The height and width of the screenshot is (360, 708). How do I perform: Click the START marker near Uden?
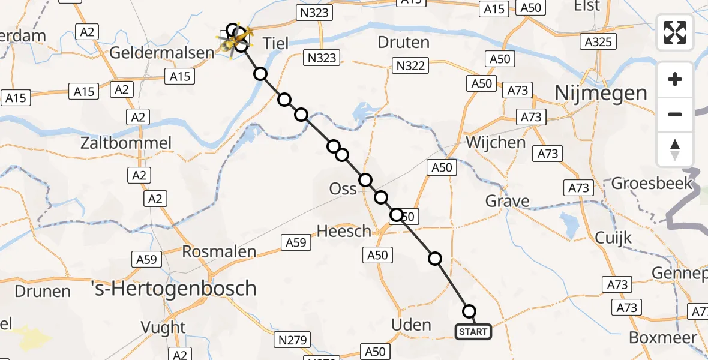click(x=473, y=331)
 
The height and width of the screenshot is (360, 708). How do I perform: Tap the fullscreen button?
click(x=675, y=32)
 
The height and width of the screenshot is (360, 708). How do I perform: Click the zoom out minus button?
click(x=675, y=114)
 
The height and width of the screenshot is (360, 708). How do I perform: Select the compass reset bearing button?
click(x=675, y=149)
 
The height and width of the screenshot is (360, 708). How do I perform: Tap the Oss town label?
click(x=343, y=189)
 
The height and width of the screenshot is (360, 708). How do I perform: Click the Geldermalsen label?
click(x=161, y=52)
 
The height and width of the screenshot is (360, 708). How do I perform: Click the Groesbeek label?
click(x=652, y=183)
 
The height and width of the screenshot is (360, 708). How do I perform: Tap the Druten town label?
click(x=404, y=43)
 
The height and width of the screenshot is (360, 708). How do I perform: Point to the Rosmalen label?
click(x=219, y=252)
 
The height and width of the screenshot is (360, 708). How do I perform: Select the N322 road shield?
click(x=410, y=65)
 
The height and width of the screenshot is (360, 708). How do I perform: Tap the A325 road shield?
click(x=598, y=41)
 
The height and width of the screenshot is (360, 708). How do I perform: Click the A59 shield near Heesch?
click(x=296, y=242)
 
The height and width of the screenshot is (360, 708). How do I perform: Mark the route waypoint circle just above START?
click(x=469, y=311)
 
